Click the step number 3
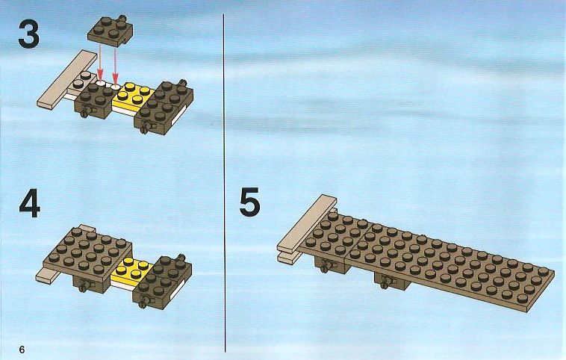tap(28, 34)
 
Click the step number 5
tap(250, 202)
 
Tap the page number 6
tap(22, 350)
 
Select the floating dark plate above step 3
tap(110, 31)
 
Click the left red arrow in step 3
tap(100, 63)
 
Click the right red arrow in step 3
tap(115, 66)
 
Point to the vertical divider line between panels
tap(224, 183)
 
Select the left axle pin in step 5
tap(326, 267)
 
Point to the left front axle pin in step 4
tap(84, 286)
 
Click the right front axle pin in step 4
tap(143, 302)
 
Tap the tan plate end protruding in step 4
tap(48, 276)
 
